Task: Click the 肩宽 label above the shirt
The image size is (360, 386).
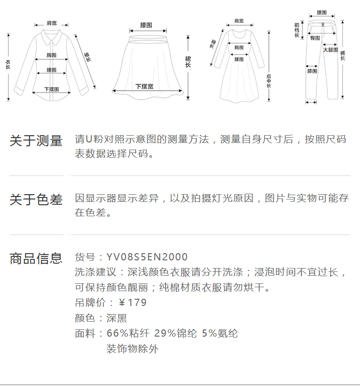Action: (x=51, y=23)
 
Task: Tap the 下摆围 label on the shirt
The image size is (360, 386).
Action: (x=51, y=89)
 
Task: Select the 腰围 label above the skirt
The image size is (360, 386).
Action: (x=146, y=24)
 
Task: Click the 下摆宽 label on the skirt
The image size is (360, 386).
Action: (x=144, y=86)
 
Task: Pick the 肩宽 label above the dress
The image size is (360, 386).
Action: (x=239, y=21)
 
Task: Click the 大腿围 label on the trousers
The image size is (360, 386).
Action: (x=330, y=49)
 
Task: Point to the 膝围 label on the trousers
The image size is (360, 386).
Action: (x=312, y=71)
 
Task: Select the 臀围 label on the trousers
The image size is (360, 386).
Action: (x=315, y=38)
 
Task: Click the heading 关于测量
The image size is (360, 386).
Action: (x=36, y=141)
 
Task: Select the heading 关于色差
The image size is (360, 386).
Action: (x=36, y=200)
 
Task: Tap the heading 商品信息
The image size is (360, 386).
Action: (x=36, y=258)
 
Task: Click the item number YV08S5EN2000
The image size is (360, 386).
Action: (x=147, y=257)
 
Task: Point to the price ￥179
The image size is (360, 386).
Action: (x=132, y=303)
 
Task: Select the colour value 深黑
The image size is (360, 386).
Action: (x=117, y=318)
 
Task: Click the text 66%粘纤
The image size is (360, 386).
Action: (x=128, y=333)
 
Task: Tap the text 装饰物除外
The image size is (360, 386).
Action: (x=132, y=349)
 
